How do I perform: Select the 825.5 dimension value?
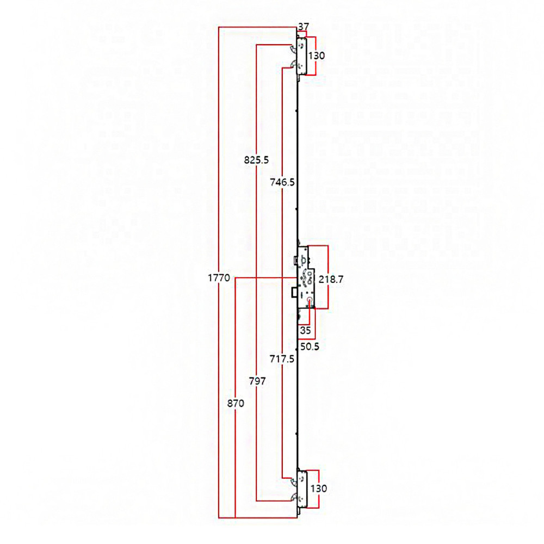click(257, 159)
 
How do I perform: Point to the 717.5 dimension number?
click(282, 359)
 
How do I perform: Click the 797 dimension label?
click(256, 381)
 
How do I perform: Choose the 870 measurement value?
click(235, 404)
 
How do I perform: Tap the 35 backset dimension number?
click(304, 330)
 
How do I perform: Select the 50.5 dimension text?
click(310, 347)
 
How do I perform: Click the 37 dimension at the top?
click(303, 27)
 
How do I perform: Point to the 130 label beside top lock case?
click(317, 55)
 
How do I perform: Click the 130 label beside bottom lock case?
click(318, 489)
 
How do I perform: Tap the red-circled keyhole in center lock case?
click(310, 300)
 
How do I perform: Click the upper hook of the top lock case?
click(294, 48)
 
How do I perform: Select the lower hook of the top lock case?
click(294, 66)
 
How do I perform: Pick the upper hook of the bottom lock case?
click(294, 480)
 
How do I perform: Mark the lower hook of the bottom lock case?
click(294, 497)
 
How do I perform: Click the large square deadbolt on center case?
click(294, 292)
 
